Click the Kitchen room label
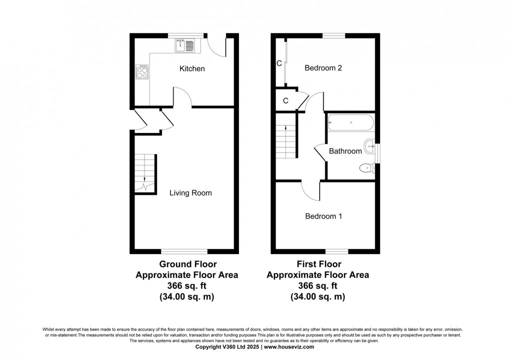tap(192, 68)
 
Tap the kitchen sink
tap(186, 45)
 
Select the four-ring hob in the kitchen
tap(142, 73)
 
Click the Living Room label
tap(190, 192)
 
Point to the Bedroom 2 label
tap(323, 68)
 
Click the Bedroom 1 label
tap(323, 216)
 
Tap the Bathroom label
tap(345, 151)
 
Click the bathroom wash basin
tap(370, 146)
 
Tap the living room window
tap(184, 251)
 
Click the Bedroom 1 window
tap(336, 251)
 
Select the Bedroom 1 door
tap(311, 189)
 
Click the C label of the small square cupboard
tap(285, 100)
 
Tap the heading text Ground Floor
tap(187, 264)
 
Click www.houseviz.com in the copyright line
tap(289, 346)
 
